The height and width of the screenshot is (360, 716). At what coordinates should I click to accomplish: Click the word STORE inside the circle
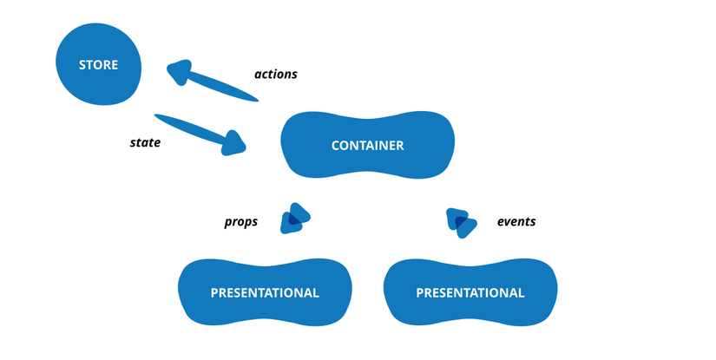[x=98, y=65]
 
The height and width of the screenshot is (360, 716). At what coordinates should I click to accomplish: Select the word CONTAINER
[x=367, y=146]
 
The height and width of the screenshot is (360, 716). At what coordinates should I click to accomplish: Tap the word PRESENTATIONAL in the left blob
[x=265, y=293]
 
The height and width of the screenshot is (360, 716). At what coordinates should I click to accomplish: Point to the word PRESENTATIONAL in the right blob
[x=470, y=293]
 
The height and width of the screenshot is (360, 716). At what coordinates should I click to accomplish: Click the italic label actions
[x=275, y=75]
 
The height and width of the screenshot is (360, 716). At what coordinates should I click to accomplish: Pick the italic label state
[x=145, y=142]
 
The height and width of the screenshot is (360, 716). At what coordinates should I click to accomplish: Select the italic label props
[x=241, y=222]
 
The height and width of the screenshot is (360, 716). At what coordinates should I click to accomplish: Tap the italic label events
[x=516, y=222]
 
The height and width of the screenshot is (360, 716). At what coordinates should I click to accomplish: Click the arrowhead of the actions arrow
[x=179, y=72]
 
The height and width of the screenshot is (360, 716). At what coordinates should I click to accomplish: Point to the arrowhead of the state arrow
[x=233, y=142]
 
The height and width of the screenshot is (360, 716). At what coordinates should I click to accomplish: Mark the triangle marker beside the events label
[x=461, y=222]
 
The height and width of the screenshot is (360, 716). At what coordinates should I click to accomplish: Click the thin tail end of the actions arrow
[x=257, y=98]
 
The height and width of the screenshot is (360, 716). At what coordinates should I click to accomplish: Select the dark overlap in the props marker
[x=295, y=219]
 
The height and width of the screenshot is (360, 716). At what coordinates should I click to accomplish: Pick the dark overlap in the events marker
[x=461, y=222]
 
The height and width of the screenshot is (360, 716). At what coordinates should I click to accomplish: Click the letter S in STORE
[x=82, y=65]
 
